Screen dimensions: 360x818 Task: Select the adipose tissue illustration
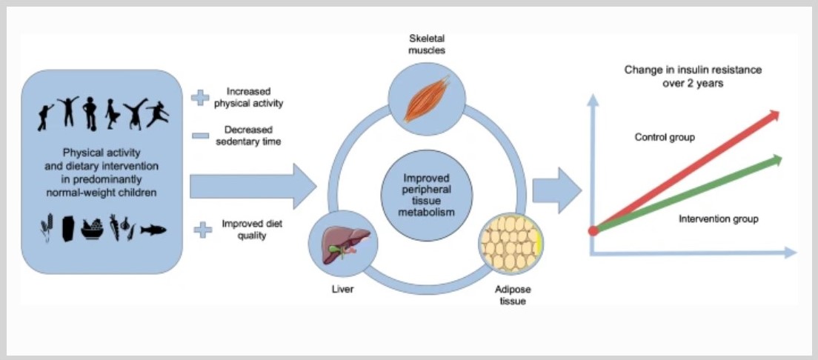[x=511, y=245]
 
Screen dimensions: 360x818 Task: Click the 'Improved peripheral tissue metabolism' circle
[x=426, y=196]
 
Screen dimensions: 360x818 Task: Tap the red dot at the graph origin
[x=593, y=231]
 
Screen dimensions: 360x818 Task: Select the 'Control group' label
[x=665, y=137]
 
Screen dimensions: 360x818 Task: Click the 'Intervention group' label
[x=718, y=219]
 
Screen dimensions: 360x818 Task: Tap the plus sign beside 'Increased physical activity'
[x=199, y=97]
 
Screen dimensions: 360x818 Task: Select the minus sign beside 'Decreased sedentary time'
[x=199, y=135]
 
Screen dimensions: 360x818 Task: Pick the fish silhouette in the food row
[x=153, y=230]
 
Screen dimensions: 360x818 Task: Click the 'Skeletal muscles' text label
[x=426, y=44]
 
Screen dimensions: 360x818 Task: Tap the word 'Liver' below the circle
[x=342, y=289]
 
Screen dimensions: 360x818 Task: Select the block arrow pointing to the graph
[x=556, y=190]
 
